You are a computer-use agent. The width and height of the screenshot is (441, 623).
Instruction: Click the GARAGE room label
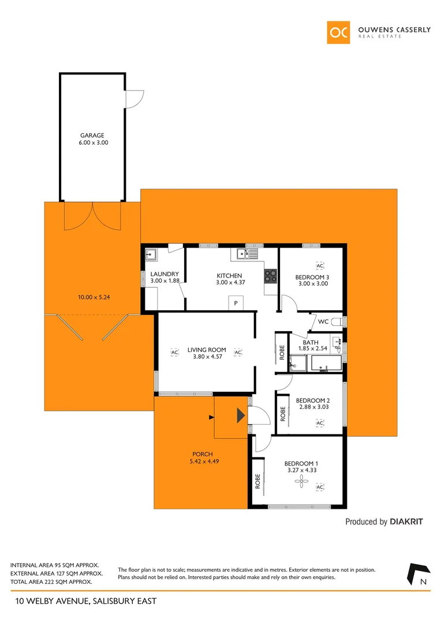92,136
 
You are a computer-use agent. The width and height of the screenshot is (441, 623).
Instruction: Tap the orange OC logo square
338,32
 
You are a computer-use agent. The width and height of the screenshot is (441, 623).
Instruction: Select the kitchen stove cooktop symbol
271,276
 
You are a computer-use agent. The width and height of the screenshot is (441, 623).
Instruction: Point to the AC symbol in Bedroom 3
320,265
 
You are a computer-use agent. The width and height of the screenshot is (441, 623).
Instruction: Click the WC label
323,321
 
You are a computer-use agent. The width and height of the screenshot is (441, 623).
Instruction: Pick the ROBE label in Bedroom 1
257,481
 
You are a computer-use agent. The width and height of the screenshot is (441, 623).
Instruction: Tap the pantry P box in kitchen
236,303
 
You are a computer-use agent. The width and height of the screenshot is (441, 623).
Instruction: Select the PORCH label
203,454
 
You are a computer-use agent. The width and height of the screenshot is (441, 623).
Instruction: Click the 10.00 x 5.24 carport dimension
93,298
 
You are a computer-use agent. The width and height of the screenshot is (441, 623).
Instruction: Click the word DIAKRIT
406,521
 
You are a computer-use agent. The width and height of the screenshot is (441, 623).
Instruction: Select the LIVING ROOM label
206,350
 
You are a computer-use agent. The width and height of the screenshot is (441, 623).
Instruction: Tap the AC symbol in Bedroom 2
319,423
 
